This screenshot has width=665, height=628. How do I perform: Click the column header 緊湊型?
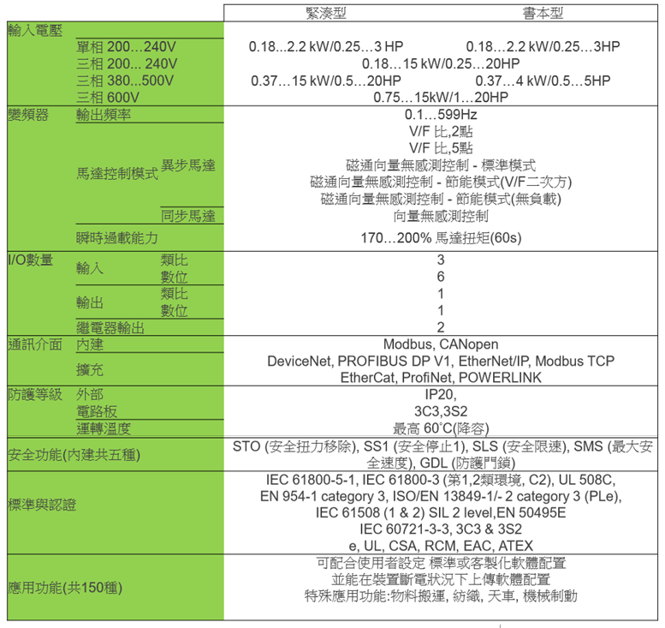point(326,13)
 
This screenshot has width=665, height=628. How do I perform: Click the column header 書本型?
point(543,13)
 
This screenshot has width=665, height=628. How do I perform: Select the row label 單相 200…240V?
point(126,47)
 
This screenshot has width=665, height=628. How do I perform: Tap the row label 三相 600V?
point(108,97)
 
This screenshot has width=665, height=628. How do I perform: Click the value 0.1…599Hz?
point(441,114)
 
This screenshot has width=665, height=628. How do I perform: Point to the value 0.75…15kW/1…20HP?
point(441,97)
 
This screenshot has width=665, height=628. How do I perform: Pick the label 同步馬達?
point(188,216)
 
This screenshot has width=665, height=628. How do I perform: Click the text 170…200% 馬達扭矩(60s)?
point(441,237)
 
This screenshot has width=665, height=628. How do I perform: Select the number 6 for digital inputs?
point(441,277)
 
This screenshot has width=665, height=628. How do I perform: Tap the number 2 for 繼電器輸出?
point(441,327)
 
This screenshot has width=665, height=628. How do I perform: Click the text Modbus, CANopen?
point(441,344)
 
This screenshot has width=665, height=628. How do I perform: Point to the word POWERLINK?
point(500,377)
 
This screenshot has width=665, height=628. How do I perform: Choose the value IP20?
point(439,394)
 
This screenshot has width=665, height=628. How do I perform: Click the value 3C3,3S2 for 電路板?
point(441,411)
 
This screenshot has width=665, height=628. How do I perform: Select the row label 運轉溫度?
point(104,428)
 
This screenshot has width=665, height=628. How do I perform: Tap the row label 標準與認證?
point(42,505)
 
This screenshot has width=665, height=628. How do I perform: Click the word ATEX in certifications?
point(516,545)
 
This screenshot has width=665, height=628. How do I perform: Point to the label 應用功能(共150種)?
point(65,587)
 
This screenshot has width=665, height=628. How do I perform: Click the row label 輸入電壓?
point(35,31)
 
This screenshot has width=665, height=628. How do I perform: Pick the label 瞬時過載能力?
point(117,238)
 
